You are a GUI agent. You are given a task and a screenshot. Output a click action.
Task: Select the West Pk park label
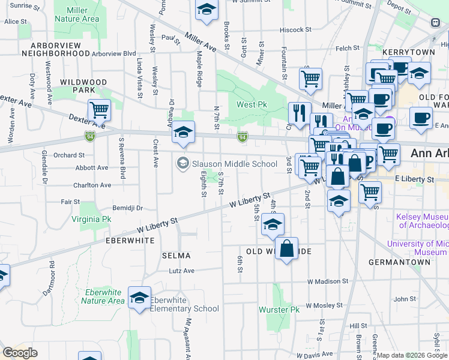tap(252, 104)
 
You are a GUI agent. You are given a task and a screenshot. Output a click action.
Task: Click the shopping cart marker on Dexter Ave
tap(98, 110)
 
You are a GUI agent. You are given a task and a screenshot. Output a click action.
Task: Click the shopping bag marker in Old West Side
tap(287, 248)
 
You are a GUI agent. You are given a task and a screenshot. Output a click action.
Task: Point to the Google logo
tap(20, 353)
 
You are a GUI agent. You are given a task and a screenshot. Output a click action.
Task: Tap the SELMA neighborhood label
tap(176, 256)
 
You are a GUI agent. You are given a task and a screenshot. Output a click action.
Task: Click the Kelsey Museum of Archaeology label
tap(423, 221)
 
